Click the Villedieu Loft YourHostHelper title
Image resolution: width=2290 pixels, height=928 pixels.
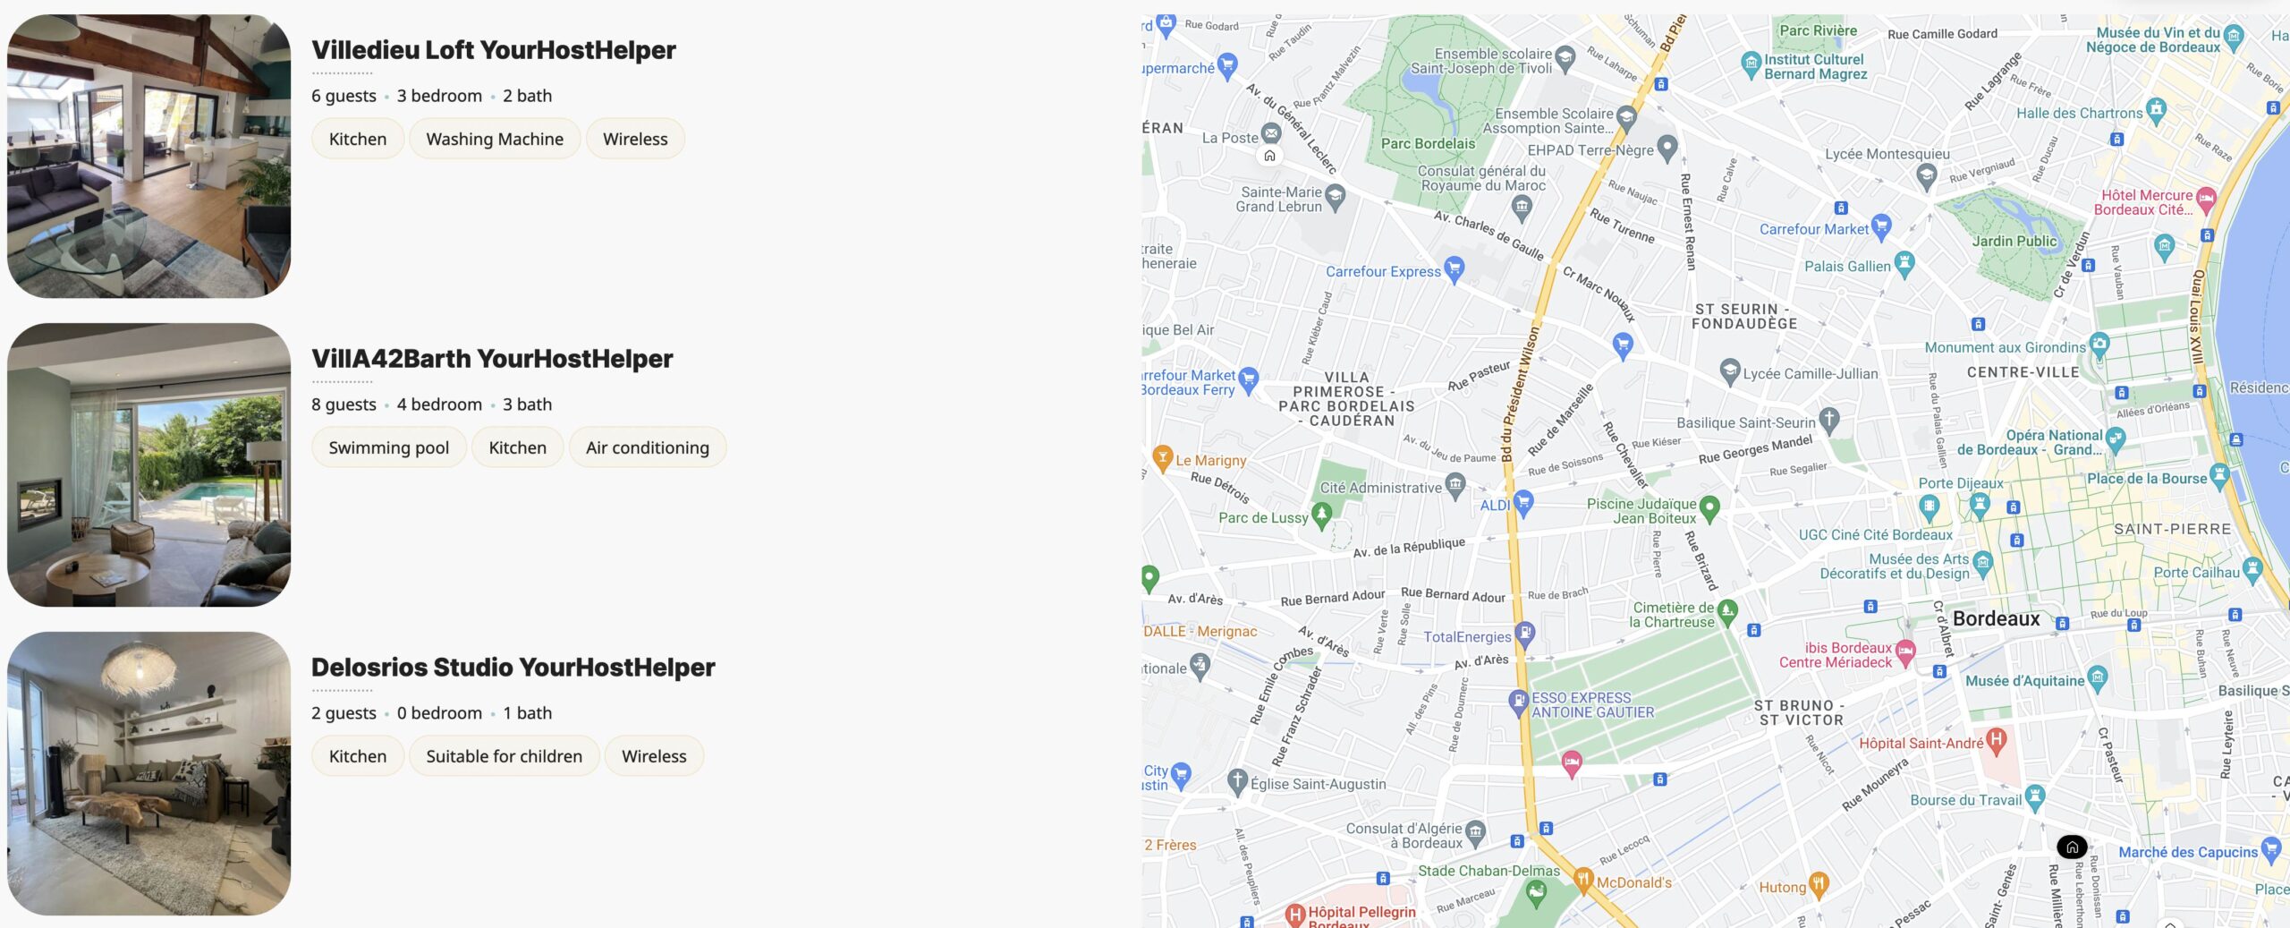pyautogui.click(x=493, y=50)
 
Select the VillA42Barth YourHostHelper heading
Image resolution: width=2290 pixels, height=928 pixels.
pyautogui.click(x=491, y=359)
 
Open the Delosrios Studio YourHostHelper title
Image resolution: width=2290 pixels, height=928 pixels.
pyautogui.click(x=513, y=668)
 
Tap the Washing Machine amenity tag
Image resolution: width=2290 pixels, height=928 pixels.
pyautogui.click(x=494, y=139)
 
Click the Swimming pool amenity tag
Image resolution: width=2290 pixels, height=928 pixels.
pyautogui.click(x=388, y=447)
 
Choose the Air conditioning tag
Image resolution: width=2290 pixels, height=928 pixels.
pyautogui.click(x=647, y=447)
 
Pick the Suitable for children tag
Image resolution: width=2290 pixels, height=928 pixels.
pyautogui.click(x=504, y=756)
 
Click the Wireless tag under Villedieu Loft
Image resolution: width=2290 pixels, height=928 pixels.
pyautogui.click(x=635, y=139)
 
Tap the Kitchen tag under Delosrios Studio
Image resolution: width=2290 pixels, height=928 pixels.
pyautogui.click(x=357, y=756)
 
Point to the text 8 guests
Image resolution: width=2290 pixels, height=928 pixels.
pyautogui.click(x=343, y=404)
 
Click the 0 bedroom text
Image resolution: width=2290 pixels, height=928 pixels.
pyautogui.click(x=439, y=713)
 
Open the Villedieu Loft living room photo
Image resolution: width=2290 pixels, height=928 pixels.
pyautogui.click(x=148, y=156)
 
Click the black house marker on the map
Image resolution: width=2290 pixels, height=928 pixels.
pyautogui.click(x=2072, y=847)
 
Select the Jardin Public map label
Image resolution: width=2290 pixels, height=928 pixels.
pyautogui.click(x=2014, y=242)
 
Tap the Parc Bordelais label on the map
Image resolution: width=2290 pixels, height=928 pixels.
pyautogui.click(x=1428, y=144)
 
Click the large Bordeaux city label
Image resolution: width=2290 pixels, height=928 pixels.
pyautogui.click(x=1996, y=619)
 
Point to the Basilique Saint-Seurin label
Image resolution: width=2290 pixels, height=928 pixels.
pyautogui.click(x=1745, y=423)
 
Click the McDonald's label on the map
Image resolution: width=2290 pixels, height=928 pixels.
pyautogui.click(x=1633, y=883)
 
